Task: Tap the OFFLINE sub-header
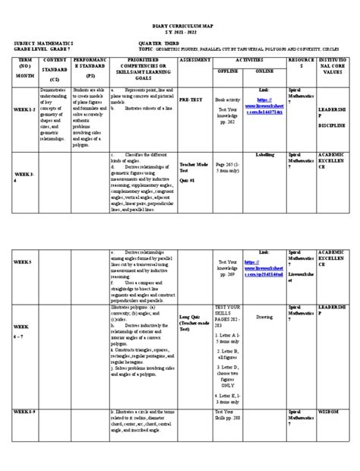(226, 71)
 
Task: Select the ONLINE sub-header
(264, 71)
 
